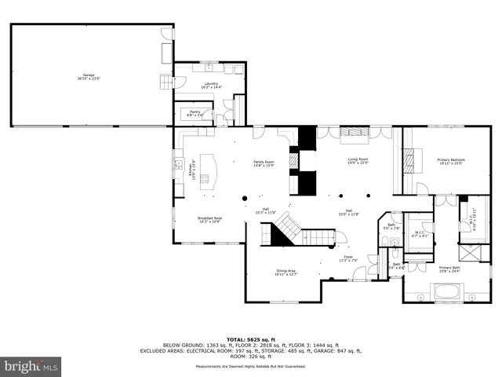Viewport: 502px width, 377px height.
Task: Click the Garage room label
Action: (89, 76)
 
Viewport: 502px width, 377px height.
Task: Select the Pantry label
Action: (195, 113)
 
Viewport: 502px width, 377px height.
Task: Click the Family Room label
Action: (263, 163)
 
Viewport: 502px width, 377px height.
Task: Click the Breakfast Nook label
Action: (209, 220)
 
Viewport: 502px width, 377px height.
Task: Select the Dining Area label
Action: (286, 273)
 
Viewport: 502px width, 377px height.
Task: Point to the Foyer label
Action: (347, 258)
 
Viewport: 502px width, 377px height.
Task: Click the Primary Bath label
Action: (450, 269)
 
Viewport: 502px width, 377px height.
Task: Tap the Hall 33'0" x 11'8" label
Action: (347, 210)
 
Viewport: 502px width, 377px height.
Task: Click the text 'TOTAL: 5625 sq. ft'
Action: (251, 339)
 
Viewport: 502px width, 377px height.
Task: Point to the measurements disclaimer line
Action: (251, 366)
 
